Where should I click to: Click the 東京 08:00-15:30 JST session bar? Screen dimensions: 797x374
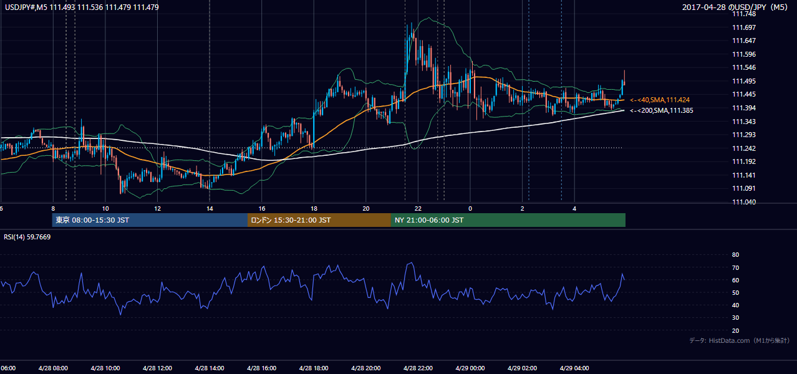(150, 220)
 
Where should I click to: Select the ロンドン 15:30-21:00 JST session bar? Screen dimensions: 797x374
(319, 220)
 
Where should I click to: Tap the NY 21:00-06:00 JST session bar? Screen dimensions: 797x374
(508, 220)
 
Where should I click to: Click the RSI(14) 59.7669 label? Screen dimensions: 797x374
(27, 237)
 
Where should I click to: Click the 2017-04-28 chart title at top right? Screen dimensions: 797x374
(735, 7)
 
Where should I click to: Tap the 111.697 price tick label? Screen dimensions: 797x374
(744, 27)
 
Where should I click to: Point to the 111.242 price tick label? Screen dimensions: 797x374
(744, 148)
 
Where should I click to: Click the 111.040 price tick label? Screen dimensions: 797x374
(744, 202)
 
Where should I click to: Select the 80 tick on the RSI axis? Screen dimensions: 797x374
(735, 254)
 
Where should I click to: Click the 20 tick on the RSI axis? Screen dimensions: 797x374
(735, 330)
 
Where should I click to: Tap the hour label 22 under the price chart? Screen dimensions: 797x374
(418, 209)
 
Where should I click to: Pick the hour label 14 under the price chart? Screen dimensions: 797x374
(210, 209)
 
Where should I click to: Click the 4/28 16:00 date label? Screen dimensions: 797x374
(261, 368)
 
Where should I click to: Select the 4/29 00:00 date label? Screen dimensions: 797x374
(470, 368)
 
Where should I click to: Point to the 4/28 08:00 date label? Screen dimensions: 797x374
(53, 368)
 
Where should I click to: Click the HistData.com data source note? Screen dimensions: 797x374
(740, 340)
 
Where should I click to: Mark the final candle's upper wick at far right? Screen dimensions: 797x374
(624, 75)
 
